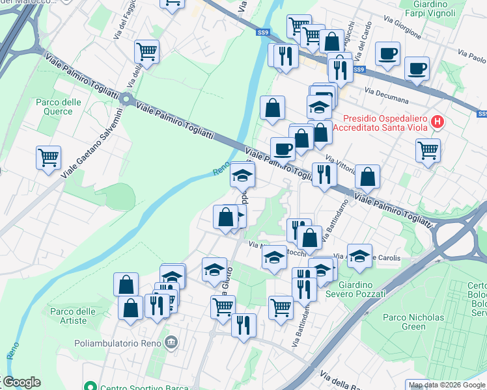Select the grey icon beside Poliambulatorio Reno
(x=171, y=342)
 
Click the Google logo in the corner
(x=21, y=382)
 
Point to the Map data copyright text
(x=447, y=385)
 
